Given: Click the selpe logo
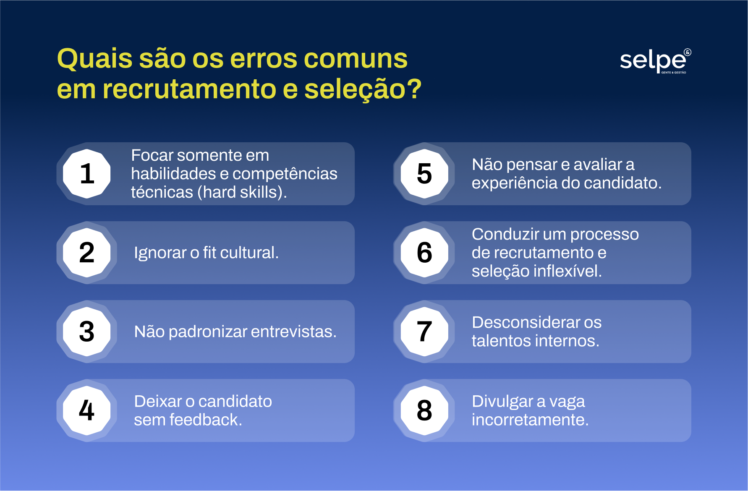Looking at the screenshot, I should [x=654, y=61].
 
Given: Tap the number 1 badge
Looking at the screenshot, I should [x=87, y=173].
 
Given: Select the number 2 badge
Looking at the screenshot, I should [x=87, y=253].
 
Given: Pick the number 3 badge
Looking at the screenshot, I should [x=87, y=332].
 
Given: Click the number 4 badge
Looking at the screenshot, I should [x=87, y=410].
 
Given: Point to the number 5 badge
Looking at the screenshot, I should [x=424, y=173].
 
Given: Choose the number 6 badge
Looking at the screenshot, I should [x=424, y=253].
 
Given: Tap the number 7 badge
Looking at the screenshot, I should [x=424, y=332].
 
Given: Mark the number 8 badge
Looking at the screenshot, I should [x=424, y=410].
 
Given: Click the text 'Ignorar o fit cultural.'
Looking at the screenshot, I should [x=206, y=253].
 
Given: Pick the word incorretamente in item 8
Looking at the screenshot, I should [x=530, y=420].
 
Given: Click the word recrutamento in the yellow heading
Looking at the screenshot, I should [x=189, y=90].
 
